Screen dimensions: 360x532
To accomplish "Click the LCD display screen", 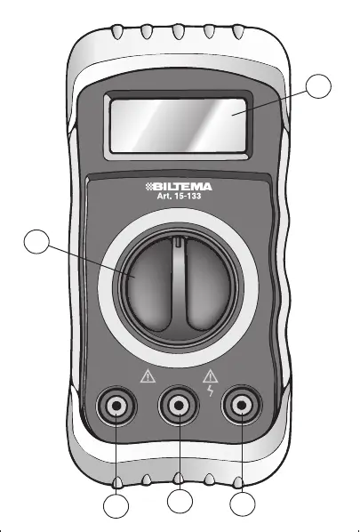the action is coord(179,125).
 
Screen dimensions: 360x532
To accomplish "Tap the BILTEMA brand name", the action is coord(183,187).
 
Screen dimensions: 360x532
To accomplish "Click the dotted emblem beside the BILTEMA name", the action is coord(150,187).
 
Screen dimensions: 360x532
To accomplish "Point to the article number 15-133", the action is coord(188,196).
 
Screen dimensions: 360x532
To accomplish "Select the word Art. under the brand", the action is coord(164,196).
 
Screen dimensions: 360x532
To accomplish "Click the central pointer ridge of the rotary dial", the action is coord(179,283).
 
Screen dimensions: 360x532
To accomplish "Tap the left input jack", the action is coord(116,406).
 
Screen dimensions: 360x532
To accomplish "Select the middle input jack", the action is coord(179,405).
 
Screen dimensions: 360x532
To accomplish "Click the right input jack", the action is coord(242,405).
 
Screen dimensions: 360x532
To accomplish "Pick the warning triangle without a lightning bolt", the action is coord(148,377).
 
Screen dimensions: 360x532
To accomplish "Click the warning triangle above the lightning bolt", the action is coord(210,376).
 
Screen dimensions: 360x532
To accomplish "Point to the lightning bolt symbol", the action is coord(211,391).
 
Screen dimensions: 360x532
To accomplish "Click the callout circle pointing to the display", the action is coord(318,86).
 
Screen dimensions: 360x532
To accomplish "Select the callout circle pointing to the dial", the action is coord(36,242).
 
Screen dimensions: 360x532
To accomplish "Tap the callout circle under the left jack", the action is coord(116,506).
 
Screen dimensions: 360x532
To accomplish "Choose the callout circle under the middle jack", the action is coord(180,501).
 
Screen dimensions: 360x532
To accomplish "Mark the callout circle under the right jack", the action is coord(243,504).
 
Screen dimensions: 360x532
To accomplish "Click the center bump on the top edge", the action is coord(179,31).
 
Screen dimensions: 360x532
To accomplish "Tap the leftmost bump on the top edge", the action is coord(117,32).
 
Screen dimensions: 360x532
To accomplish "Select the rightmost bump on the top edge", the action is coord(238,32).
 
